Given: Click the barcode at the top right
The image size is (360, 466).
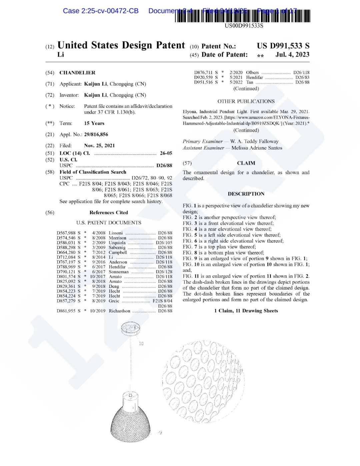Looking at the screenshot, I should pos(242,16).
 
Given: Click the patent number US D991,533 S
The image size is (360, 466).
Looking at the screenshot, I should pos(283,46).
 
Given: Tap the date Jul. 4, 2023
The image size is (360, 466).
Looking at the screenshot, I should pos(292,55).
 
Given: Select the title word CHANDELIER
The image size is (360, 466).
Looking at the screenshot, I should pos(77,73).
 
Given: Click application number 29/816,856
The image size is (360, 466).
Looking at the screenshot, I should pos(96,134).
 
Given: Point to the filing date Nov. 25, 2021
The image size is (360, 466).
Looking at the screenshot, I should pos(99,145).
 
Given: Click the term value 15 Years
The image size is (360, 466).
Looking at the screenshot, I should pos(94,123).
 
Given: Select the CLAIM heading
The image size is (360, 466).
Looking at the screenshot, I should pos(246,163).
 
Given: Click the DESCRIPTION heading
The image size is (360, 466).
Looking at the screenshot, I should pos(246,194).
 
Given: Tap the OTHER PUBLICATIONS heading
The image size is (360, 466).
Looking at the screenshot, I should pos(246,101).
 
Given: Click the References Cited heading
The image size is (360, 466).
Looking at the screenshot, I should pos(109,212).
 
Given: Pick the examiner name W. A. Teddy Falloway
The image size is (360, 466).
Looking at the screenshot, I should pos(254,141).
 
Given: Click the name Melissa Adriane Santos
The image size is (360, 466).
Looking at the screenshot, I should pos(257,148).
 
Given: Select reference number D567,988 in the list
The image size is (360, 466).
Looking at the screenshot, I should pos(66,233).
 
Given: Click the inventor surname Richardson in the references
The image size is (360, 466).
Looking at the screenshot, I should pos(119,311).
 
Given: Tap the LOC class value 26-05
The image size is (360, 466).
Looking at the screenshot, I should pos(166,153).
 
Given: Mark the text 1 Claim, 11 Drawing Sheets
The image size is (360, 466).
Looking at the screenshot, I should pos(246,311).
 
